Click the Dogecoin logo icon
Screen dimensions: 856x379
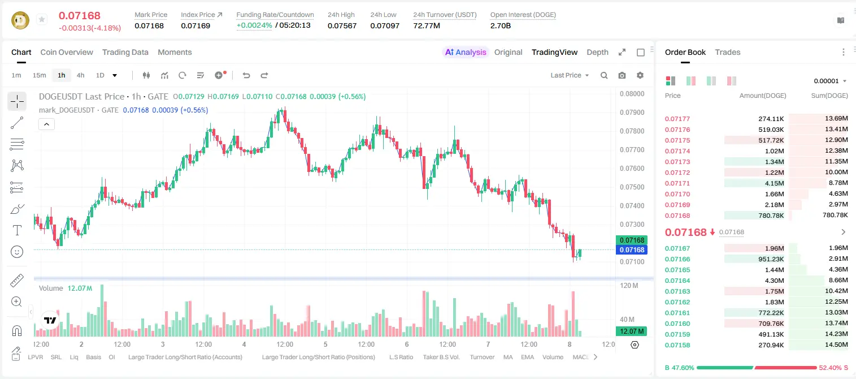pyautogui.click(x=20, y=20)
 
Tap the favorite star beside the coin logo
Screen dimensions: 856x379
pyautogui.click(x=42, y=19)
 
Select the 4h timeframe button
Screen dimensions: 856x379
pyautogui.click(x=80, y=75)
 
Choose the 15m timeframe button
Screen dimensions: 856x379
pyautogui.click(x=40, y=75)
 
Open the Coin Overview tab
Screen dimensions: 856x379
pyautogui.click(x=67, y=52)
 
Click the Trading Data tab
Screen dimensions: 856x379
pyautogui.click(x=125, y=52)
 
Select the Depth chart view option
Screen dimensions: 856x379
pyautogui.click(x=597, y=52)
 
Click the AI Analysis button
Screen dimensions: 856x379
pyautogui.click(x=466, y=52)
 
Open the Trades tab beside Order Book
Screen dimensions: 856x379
pyautogui.click(x=728, y=52)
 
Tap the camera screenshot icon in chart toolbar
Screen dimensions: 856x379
pyautogui.click(x=622, y=75)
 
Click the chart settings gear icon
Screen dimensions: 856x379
pyautogui.click(x=640, y=75)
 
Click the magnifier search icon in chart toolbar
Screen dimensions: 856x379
pyautogui.click(x=604, y=75)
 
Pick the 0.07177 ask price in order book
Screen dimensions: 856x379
pyautogui.click(x=677, y=119)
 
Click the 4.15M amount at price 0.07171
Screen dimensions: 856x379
pyautogui.click(x=774, y=183)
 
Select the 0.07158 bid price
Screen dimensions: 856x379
pyautogui.click(x=677, y=345)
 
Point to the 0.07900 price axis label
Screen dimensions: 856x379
pyautogui.click(x=632, y=113)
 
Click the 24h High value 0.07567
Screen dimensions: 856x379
pyautogui.click(x=342, y=25)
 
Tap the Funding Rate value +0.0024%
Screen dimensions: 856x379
pyautogui.click(x=254, y=25)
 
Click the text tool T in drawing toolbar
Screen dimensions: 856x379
pyautogui.click(x=17, y=230)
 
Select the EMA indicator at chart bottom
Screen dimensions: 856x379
pyautogui.click(x=527, y=357)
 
